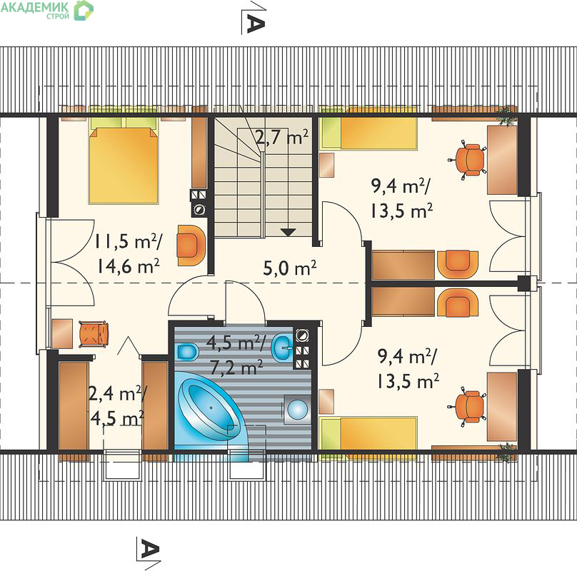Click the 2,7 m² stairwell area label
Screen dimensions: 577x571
282,138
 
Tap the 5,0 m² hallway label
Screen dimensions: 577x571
290,268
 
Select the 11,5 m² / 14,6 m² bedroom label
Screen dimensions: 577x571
128,254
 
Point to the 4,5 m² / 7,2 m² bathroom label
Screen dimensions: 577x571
236,355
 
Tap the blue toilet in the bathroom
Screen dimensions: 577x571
187,352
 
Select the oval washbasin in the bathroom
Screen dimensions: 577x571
282,348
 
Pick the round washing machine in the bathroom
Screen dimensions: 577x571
297,409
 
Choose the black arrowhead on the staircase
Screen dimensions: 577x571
288,233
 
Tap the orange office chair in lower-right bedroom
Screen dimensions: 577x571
467,406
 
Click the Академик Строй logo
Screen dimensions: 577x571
47,9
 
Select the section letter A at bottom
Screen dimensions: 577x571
150,550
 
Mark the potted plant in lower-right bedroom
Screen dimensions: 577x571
506,453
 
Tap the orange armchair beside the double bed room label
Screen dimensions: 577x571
191,246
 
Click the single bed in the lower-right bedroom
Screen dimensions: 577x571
368,434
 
